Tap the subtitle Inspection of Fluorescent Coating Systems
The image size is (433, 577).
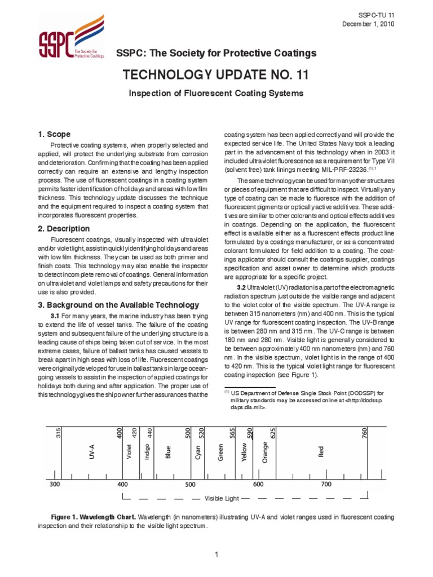216,92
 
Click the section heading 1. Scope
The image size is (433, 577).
54,134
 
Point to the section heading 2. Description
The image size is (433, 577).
64,229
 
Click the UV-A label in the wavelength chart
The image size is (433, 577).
92,452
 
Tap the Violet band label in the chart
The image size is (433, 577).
129,452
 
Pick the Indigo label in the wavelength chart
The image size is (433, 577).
148,452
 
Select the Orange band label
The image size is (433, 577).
265,452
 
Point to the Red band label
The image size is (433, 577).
321,452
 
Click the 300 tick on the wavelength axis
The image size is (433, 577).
55,484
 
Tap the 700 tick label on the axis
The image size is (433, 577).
326,484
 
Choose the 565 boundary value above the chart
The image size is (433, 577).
232,433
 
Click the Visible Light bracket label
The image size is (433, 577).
222,498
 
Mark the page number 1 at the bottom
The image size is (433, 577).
216,556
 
